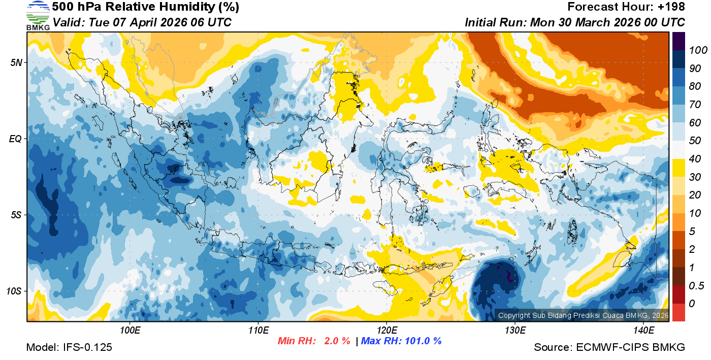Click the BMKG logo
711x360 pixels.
(x=38, y=16)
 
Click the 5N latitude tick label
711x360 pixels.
(x=16, y=62)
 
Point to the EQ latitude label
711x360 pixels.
(x=15, y=139)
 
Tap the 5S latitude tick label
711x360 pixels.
(x=16, y=215)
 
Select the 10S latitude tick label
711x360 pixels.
(x=14, y=291)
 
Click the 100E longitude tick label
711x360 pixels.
(x=130, y=331)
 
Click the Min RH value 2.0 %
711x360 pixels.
(x=337, y=341)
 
